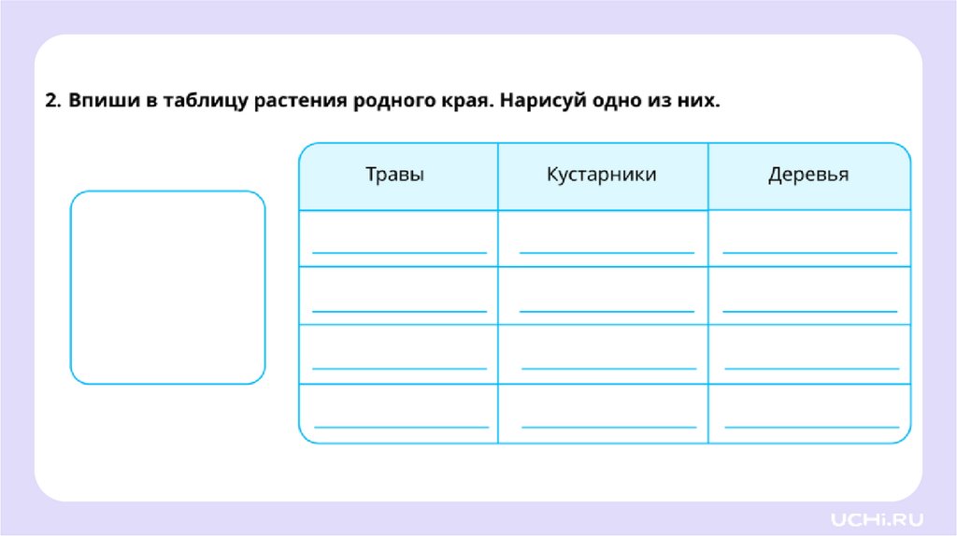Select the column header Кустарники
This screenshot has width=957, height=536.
click(602, 176)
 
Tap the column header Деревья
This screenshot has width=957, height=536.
click(808, 176)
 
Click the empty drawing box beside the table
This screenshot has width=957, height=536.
click(168, 288)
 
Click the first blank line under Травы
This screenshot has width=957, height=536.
click(399, 250)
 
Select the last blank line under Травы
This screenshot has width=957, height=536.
click(401, 426)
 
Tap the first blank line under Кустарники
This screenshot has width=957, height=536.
click(607, 250)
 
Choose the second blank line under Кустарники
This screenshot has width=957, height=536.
click(607, 309)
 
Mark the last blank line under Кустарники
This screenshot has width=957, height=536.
click(608, 426)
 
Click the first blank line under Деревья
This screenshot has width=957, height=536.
click(809, 250)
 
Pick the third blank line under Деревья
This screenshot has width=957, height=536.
click(811, 367)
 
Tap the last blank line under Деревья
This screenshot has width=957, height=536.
click(811, 426)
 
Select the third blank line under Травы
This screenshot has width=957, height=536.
click(401, 367)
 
